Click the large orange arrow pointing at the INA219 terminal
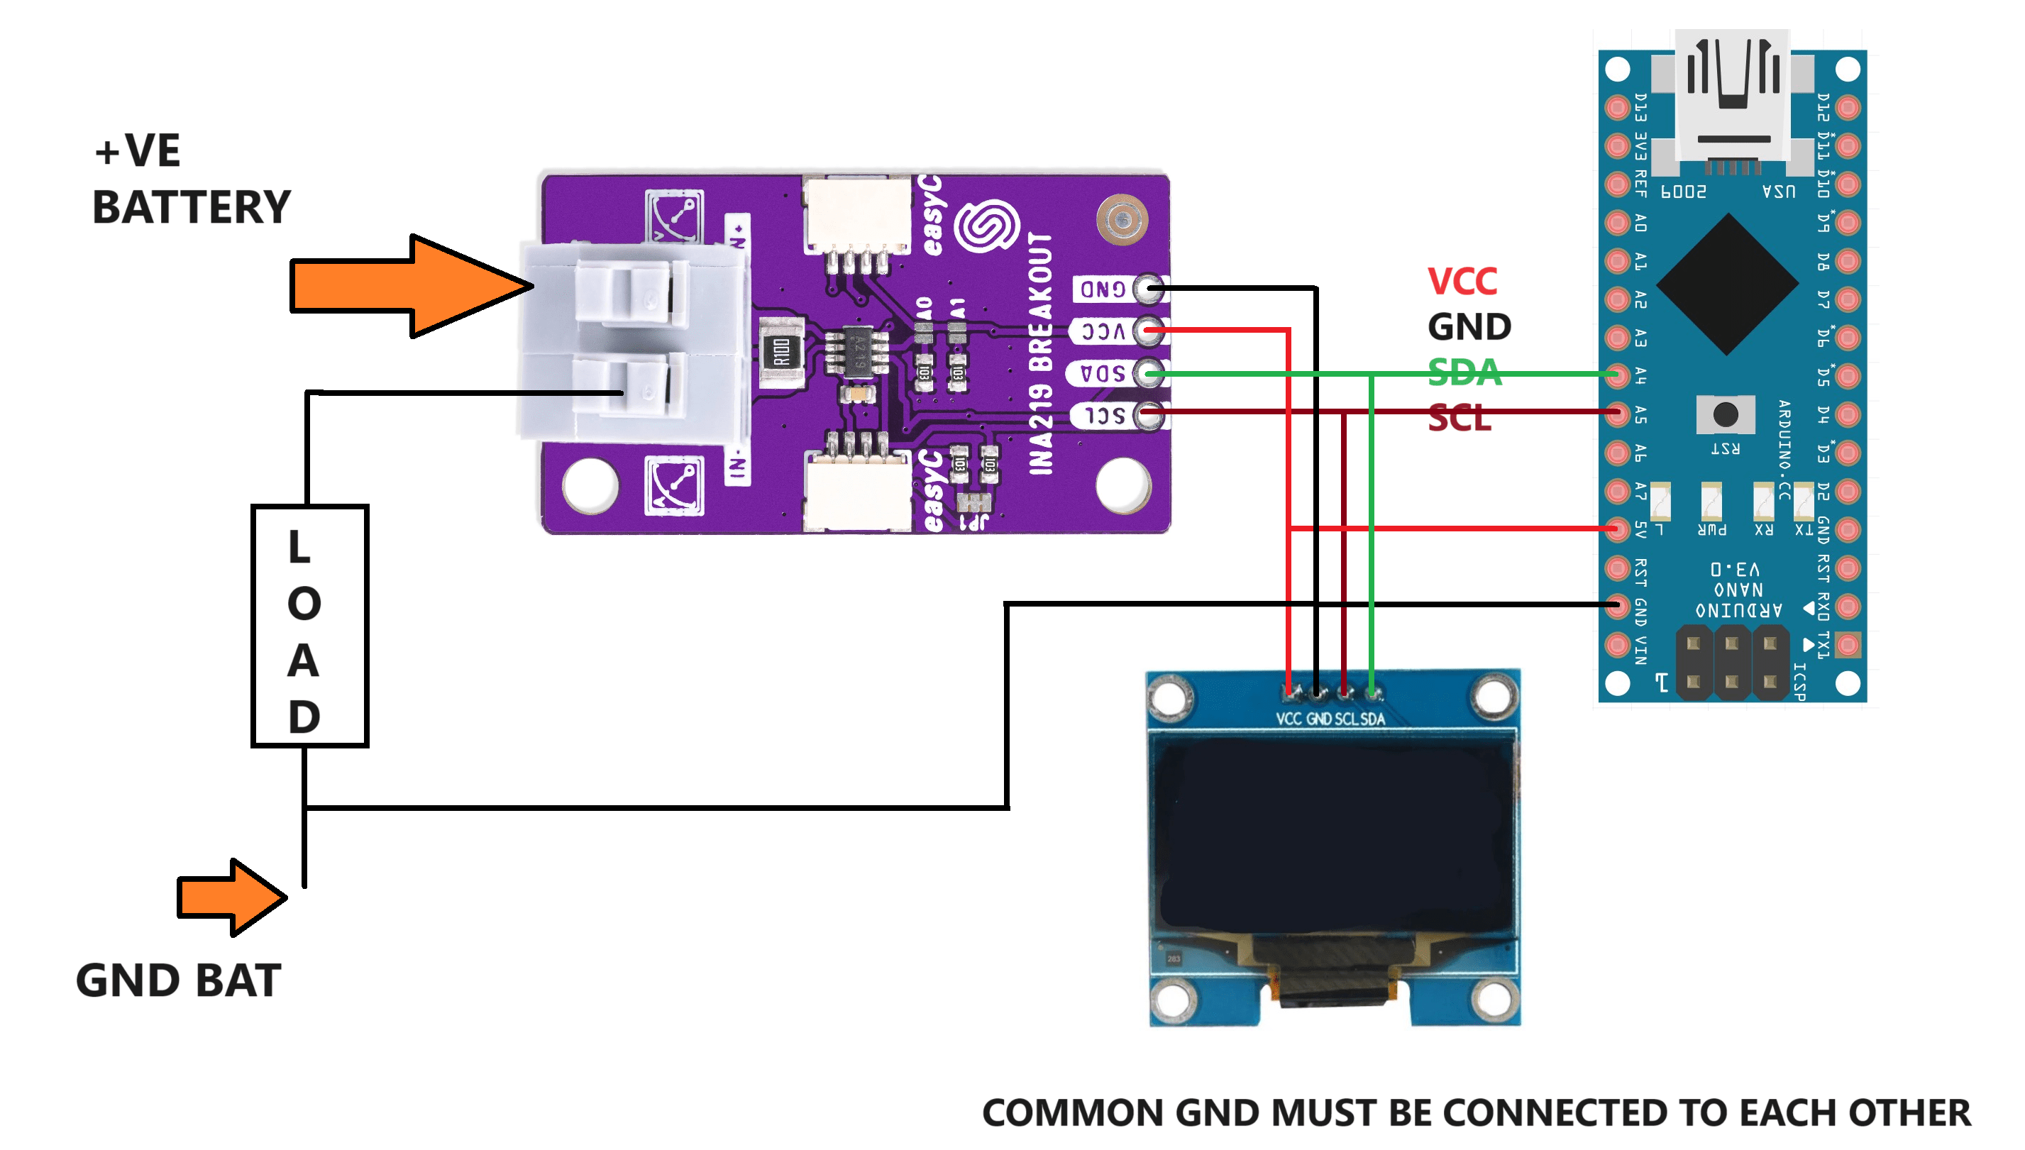(403, 286)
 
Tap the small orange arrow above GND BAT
(229, 897)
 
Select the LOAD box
(309, 626)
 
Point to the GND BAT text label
(179, 980)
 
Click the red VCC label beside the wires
(1462, 281)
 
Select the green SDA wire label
(1464, 372)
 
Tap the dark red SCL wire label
(1460, 418)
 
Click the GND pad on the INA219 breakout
(1147, 288)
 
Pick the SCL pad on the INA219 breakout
(1147, 414)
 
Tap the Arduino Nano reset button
(1726, 413)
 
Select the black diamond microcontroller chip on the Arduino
(1727, 284)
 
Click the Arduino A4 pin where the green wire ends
(1618, 375)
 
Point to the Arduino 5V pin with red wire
(1618, 529)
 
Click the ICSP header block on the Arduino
(1731, 662)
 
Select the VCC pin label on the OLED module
(1288, 719)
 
